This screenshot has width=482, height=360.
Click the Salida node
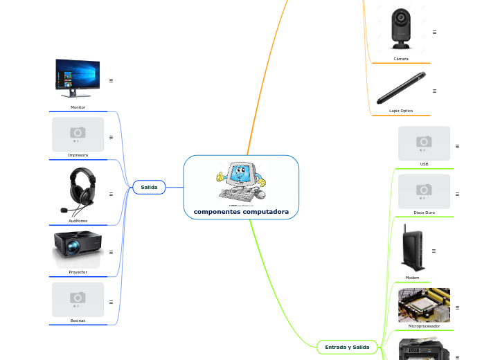point(149,187)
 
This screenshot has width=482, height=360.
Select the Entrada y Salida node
point(347,347)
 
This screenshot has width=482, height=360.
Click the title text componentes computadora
point(241,211)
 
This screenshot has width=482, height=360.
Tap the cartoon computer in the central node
point(241,182)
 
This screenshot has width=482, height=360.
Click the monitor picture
point(78,79)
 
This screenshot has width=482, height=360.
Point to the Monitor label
point(78,107)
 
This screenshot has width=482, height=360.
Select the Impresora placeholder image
point(78,134)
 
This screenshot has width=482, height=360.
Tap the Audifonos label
point(78,221)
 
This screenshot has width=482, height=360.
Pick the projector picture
point(78,249)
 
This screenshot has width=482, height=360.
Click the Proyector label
point(78,272)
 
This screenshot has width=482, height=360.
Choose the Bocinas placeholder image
point(78,299)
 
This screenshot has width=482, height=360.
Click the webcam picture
point(400,28)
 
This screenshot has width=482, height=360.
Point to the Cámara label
point(401,59)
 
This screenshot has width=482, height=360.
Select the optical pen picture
point(400,88)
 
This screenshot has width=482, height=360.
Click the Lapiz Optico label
point(401,111)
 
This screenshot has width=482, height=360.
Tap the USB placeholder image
point(424,143)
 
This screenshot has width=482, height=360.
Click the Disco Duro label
point(424,212)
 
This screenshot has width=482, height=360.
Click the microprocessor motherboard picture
point(424,305)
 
